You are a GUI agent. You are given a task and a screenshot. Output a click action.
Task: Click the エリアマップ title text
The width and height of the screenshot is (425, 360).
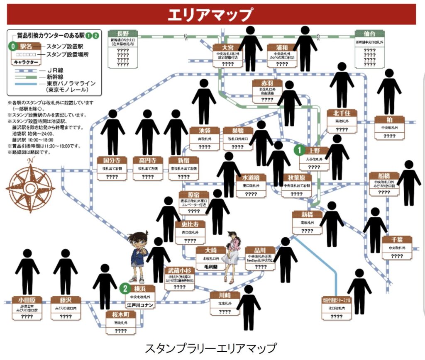pos(210,15)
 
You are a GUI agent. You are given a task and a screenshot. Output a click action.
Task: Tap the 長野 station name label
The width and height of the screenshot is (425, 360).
pos(123,34)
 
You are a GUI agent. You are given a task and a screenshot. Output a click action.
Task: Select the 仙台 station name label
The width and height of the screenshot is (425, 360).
pos(369,34)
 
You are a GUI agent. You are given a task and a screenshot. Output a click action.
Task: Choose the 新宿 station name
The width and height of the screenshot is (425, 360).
pos(183,161)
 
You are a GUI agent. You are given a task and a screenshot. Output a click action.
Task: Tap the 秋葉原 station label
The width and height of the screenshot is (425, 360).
pos(296,178)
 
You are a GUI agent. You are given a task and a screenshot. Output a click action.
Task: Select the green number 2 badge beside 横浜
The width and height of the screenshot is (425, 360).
pos(124,288)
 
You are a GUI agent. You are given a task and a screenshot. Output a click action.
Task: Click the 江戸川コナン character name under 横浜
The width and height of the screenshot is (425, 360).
pos(140,306)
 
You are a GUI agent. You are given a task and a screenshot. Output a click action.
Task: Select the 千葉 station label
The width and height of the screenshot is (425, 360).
pos(397,240)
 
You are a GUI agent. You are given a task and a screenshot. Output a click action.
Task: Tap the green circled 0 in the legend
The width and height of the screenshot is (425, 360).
pos(14,46)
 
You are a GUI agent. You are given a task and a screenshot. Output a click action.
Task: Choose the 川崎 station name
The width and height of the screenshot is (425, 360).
pos(224,295)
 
